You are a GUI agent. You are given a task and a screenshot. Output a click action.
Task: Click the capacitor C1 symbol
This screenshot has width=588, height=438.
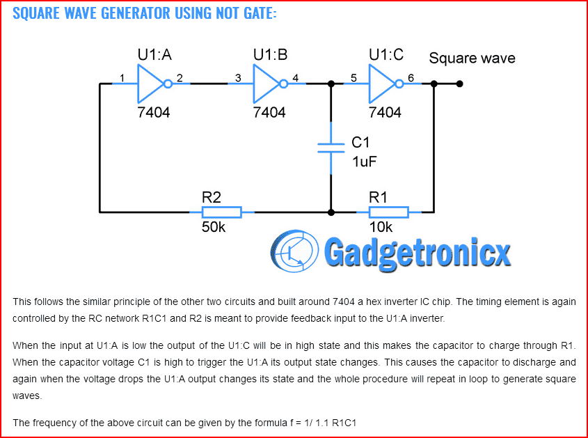(331, 147)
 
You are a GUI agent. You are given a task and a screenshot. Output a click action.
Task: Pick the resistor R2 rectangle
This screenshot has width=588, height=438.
(221, 212)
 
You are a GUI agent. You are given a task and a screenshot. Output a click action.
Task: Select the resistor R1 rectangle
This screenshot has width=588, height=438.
(388, 212)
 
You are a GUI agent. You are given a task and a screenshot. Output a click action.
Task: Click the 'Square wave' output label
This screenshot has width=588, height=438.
(472, 58)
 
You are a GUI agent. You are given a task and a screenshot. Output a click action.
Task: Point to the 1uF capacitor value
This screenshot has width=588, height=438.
(365, 162)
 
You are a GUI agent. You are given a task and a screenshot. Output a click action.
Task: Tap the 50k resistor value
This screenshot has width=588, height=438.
(214, 228)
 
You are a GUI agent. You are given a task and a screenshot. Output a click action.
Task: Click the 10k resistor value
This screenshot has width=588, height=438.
(381, 228)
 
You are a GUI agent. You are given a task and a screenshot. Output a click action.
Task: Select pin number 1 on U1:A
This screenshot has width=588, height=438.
(122, 78)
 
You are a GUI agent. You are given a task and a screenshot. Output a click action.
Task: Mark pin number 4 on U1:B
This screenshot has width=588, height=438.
(295, 78)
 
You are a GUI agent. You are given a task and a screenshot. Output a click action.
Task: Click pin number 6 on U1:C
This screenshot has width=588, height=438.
(411, 78)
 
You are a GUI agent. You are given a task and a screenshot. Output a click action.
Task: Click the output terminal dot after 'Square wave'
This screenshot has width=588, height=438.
(459, 84)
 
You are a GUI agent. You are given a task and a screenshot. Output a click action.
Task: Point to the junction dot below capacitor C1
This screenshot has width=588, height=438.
(331, 212)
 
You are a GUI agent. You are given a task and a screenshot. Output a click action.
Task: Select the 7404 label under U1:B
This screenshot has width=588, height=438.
(269, 112)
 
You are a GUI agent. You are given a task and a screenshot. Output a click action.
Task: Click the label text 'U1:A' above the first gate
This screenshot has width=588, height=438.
(154, 56)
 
